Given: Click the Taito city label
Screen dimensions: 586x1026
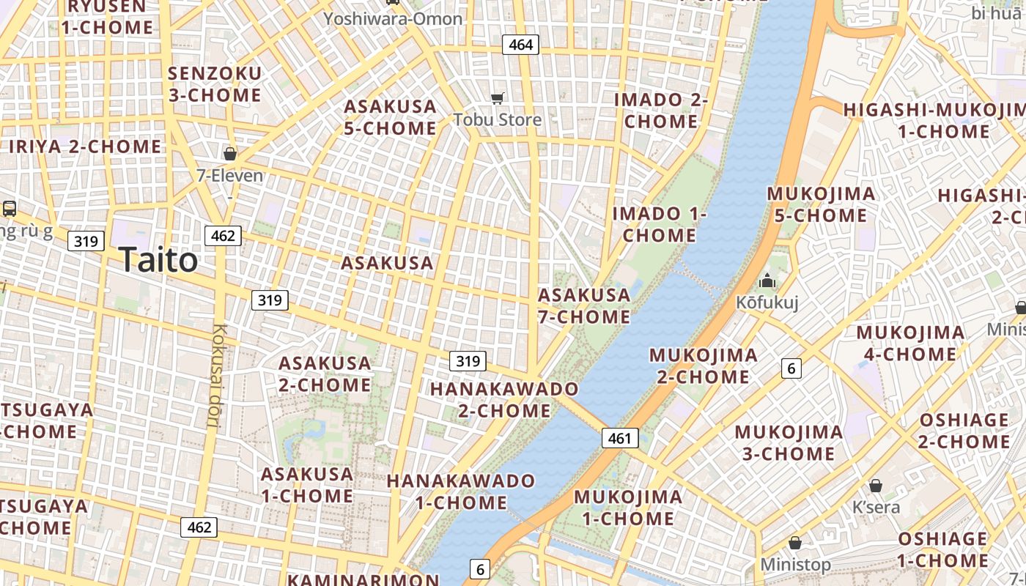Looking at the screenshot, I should (158, 260).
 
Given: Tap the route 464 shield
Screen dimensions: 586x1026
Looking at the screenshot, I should (520, 45).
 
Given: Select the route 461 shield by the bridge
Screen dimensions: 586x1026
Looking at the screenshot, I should (620, 439).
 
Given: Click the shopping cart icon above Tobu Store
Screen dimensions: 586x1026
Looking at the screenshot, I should (498, 98).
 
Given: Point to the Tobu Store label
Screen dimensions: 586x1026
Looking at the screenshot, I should (498, 119).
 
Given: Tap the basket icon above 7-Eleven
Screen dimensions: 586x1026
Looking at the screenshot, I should (230, 154).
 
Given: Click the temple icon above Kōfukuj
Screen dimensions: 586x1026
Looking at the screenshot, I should (767, 281).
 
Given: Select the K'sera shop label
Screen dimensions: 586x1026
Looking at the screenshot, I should (876, 507).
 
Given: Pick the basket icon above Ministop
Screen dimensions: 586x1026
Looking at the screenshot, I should (795, 544).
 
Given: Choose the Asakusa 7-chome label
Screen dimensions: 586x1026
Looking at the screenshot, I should (584, 306).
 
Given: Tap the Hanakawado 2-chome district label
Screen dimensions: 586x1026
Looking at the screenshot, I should (504, 399).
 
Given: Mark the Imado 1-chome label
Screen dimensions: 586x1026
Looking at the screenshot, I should (660, 224).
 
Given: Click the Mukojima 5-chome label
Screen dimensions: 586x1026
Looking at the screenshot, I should (821, 204).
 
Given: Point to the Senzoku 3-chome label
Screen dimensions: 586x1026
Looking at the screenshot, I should (215, 84).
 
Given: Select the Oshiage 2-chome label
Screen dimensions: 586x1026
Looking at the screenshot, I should (964, 431).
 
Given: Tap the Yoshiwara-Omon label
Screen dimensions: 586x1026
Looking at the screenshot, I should (394, 18).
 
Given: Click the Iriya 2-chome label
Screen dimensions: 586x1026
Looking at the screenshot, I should (85, 146).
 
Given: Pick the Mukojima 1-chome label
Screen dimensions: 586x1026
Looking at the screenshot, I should (628, 508).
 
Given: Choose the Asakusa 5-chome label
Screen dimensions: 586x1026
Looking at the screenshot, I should (391, 117).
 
